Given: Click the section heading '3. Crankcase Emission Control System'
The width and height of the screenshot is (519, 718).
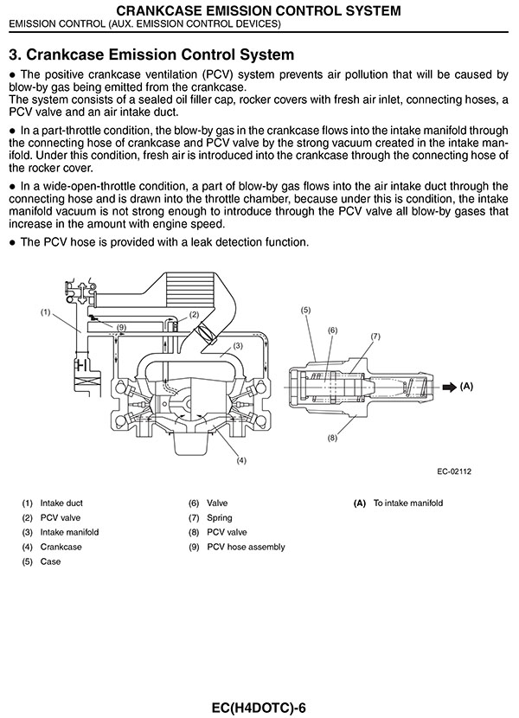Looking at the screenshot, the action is [x=151, y=54].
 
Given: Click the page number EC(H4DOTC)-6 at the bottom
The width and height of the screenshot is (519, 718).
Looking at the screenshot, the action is [x=259, y=708].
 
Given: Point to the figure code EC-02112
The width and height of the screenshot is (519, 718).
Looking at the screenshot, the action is [x=454, y=471].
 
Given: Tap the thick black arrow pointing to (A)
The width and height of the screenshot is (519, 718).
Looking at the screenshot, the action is [x=450, y=388].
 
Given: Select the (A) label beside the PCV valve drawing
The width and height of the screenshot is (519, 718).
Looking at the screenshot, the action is [x=466, y=387].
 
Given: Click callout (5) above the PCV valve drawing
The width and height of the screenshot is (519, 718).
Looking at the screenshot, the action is [x=305, y=310].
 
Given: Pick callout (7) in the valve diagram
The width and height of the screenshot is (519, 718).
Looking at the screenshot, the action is [x=375, y=337].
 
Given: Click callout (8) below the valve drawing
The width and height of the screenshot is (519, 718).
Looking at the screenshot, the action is [x=332, y=438].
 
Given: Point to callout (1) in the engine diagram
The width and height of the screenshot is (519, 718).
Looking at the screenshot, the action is [x=45, y=312].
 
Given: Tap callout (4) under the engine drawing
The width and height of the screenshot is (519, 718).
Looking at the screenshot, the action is [x=241, y=460].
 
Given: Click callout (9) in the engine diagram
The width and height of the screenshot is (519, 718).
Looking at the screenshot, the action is [x=121, y=327].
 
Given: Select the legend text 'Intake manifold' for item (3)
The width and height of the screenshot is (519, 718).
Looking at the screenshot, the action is [x=69, y=532].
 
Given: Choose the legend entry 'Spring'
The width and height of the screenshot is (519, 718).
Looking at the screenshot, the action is [x=220, y=518].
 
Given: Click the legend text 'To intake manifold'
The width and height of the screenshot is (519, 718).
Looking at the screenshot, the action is [x=408, y=503].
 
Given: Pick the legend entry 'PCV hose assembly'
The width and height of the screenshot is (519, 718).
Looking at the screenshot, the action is [x=246, y=547].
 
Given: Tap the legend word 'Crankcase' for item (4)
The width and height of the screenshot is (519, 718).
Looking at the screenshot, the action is [x=61, y=547].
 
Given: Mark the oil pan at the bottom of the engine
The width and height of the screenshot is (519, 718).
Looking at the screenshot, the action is [x=191, y=443].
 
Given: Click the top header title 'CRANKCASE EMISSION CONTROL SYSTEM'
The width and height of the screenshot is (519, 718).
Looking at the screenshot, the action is [x=259, y=10].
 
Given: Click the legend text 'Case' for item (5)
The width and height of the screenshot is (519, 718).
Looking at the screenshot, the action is [x=50, y=561].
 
